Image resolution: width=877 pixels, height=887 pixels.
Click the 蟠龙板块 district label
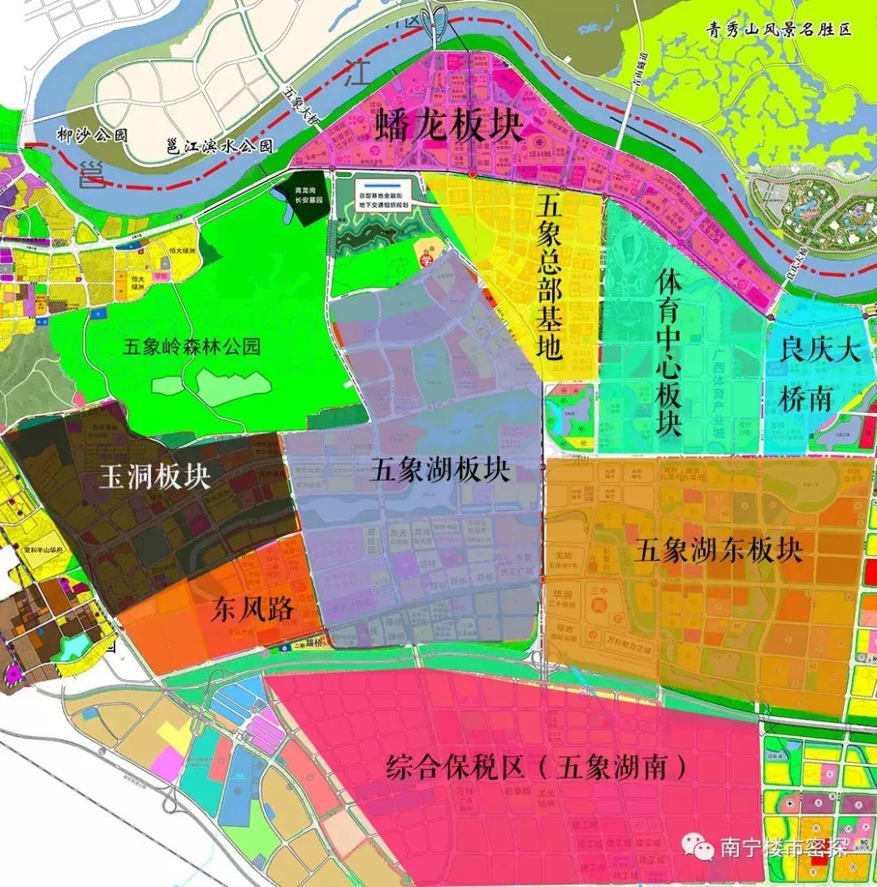tap(449, 128)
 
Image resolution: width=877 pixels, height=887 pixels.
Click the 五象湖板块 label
tap(439, 470)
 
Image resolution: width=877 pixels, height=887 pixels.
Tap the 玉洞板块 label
tap(154, 476)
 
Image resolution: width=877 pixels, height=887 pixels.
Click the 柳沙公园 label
tap(92, 136)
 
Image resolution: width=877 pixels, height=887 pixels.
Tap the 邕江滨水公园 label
tap(218, 146)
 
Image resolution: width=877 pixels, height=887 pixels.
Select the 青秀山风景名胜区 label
tap(778, 31)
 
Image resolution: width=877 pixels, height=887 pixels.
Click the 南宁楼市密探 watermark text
tap(784, 848)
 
